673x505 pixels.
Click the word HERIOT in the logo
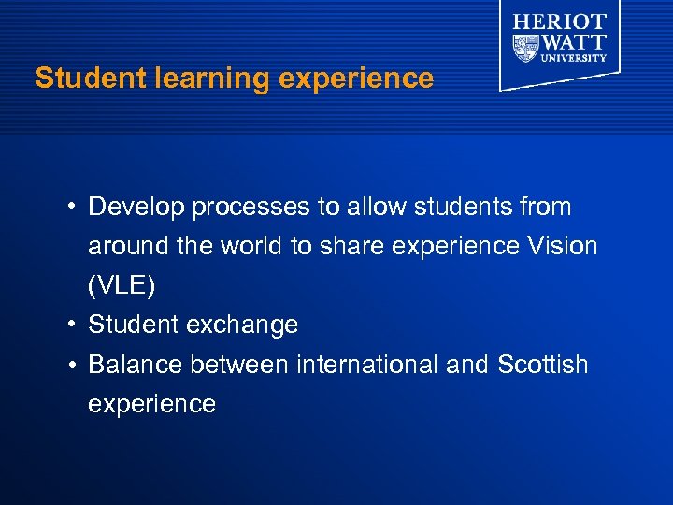point(560,22)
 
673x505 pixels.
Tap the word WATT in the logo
point(574,42)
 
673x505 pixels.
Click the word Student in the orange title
point(79,79)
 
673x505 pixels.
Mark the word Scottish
point(543,364)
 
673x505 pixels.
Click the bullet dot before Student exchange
point(72,325)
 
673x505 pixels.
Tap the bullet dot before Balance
point(72,364)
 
